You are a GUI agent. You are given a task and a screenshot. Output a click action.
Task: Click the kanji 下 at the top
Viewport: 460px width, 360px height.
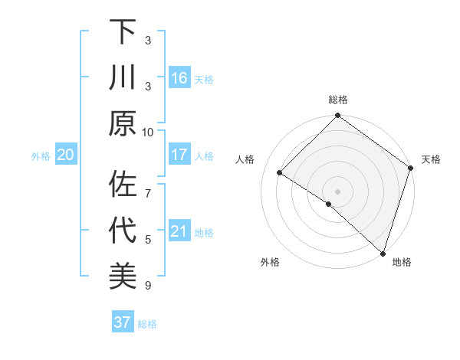click(123, 33)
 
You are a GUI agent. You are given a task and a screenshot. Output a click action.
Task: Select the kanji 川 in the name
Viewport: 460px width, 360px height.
click(123, 78)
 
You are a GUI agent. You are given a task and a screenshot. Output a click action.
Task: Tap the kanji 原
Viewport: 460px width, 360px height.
click(123, 123)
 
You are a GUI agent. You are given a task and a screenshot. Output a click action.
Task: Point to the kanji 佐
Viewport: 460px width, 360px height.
click(123, 185)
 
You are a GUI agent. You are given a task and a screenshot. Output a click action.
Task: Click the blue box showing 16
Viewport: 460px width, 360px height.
click(179, 78)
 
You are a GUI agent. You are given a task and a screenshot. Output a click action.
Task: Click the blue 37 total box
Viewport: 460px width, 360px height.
click(122, 322)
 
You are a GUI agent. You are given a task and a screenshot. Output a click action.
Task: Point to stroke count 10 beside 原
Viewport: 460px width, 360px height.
click(148, 132)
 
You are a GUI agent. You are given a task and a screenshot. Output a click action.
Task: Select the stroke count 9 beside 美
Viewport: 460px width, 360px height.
click(148, 286)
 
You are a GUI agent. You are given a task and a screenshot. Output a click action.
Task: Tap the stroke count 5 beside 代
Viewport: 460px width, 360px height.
click(148, 240)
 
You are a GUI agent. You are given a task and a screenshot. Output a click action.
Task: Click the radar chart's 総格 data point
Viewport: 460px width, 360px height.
click(337, 117)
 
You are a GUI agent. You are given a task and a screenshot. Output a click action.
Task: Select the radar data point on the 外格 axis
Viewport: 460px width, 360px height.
click(329, 204)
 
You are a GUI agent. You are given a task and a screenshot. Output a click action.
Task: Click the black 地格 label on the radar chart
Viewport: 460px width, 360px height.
click(402, 262)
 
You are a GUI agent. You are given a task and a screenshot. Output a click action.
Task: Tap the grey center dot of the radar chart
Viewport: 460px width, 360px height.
click(337, 191)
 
